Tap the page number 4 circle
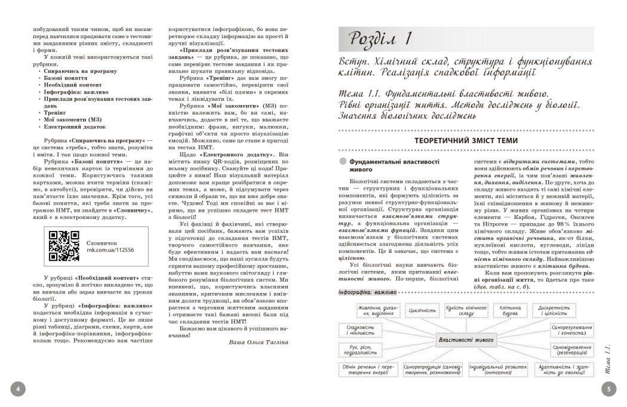[x=17, y=390]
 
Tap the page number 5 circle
[x=608, y=390]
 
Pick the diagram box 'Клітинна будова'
[x=511, y=311]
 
